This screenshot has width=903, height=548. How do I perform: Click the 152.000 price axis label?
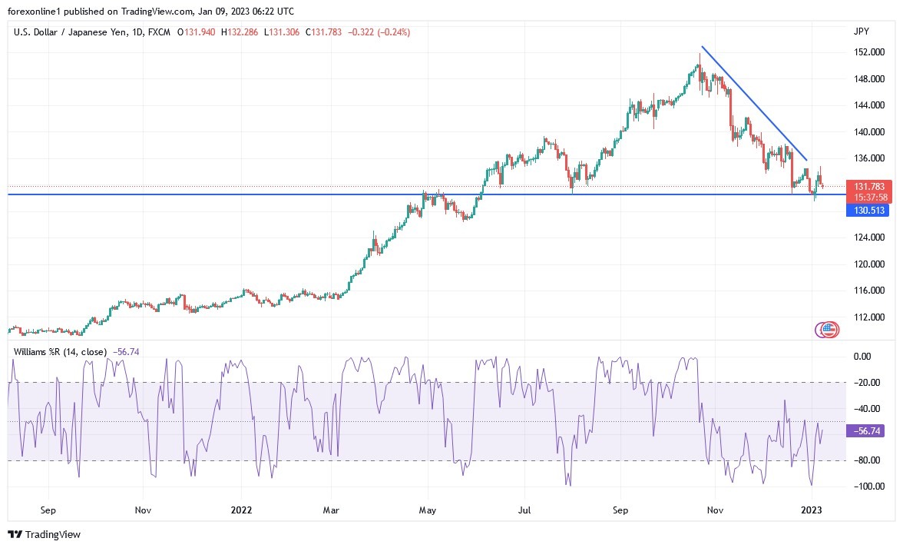[x=869, y=52]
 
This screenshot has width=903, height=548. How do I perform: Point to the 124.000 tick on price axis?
[x=869, y=237]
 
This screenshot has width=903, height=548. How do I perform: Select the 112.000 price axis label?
[x=869, y=317]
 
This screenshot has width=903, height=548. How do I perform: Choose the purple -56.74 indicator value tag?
[x=867, y=431]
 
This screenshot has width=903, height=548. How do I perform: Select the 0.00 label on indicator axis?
[x=864, y=357]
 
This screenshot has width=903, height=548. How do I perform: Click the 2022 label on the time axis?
[x=242, y=510]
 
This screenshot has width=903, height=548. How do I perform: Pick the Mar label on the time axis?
[x=331, y=510]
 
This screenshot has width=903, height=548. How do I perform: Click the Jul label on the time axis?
[x=524, y=510]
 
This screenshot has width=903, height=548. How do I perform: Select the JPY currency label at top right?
[x=861, y=32]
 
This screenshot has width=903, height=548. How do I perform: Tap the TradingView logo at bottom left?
[x=44, y=534]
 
